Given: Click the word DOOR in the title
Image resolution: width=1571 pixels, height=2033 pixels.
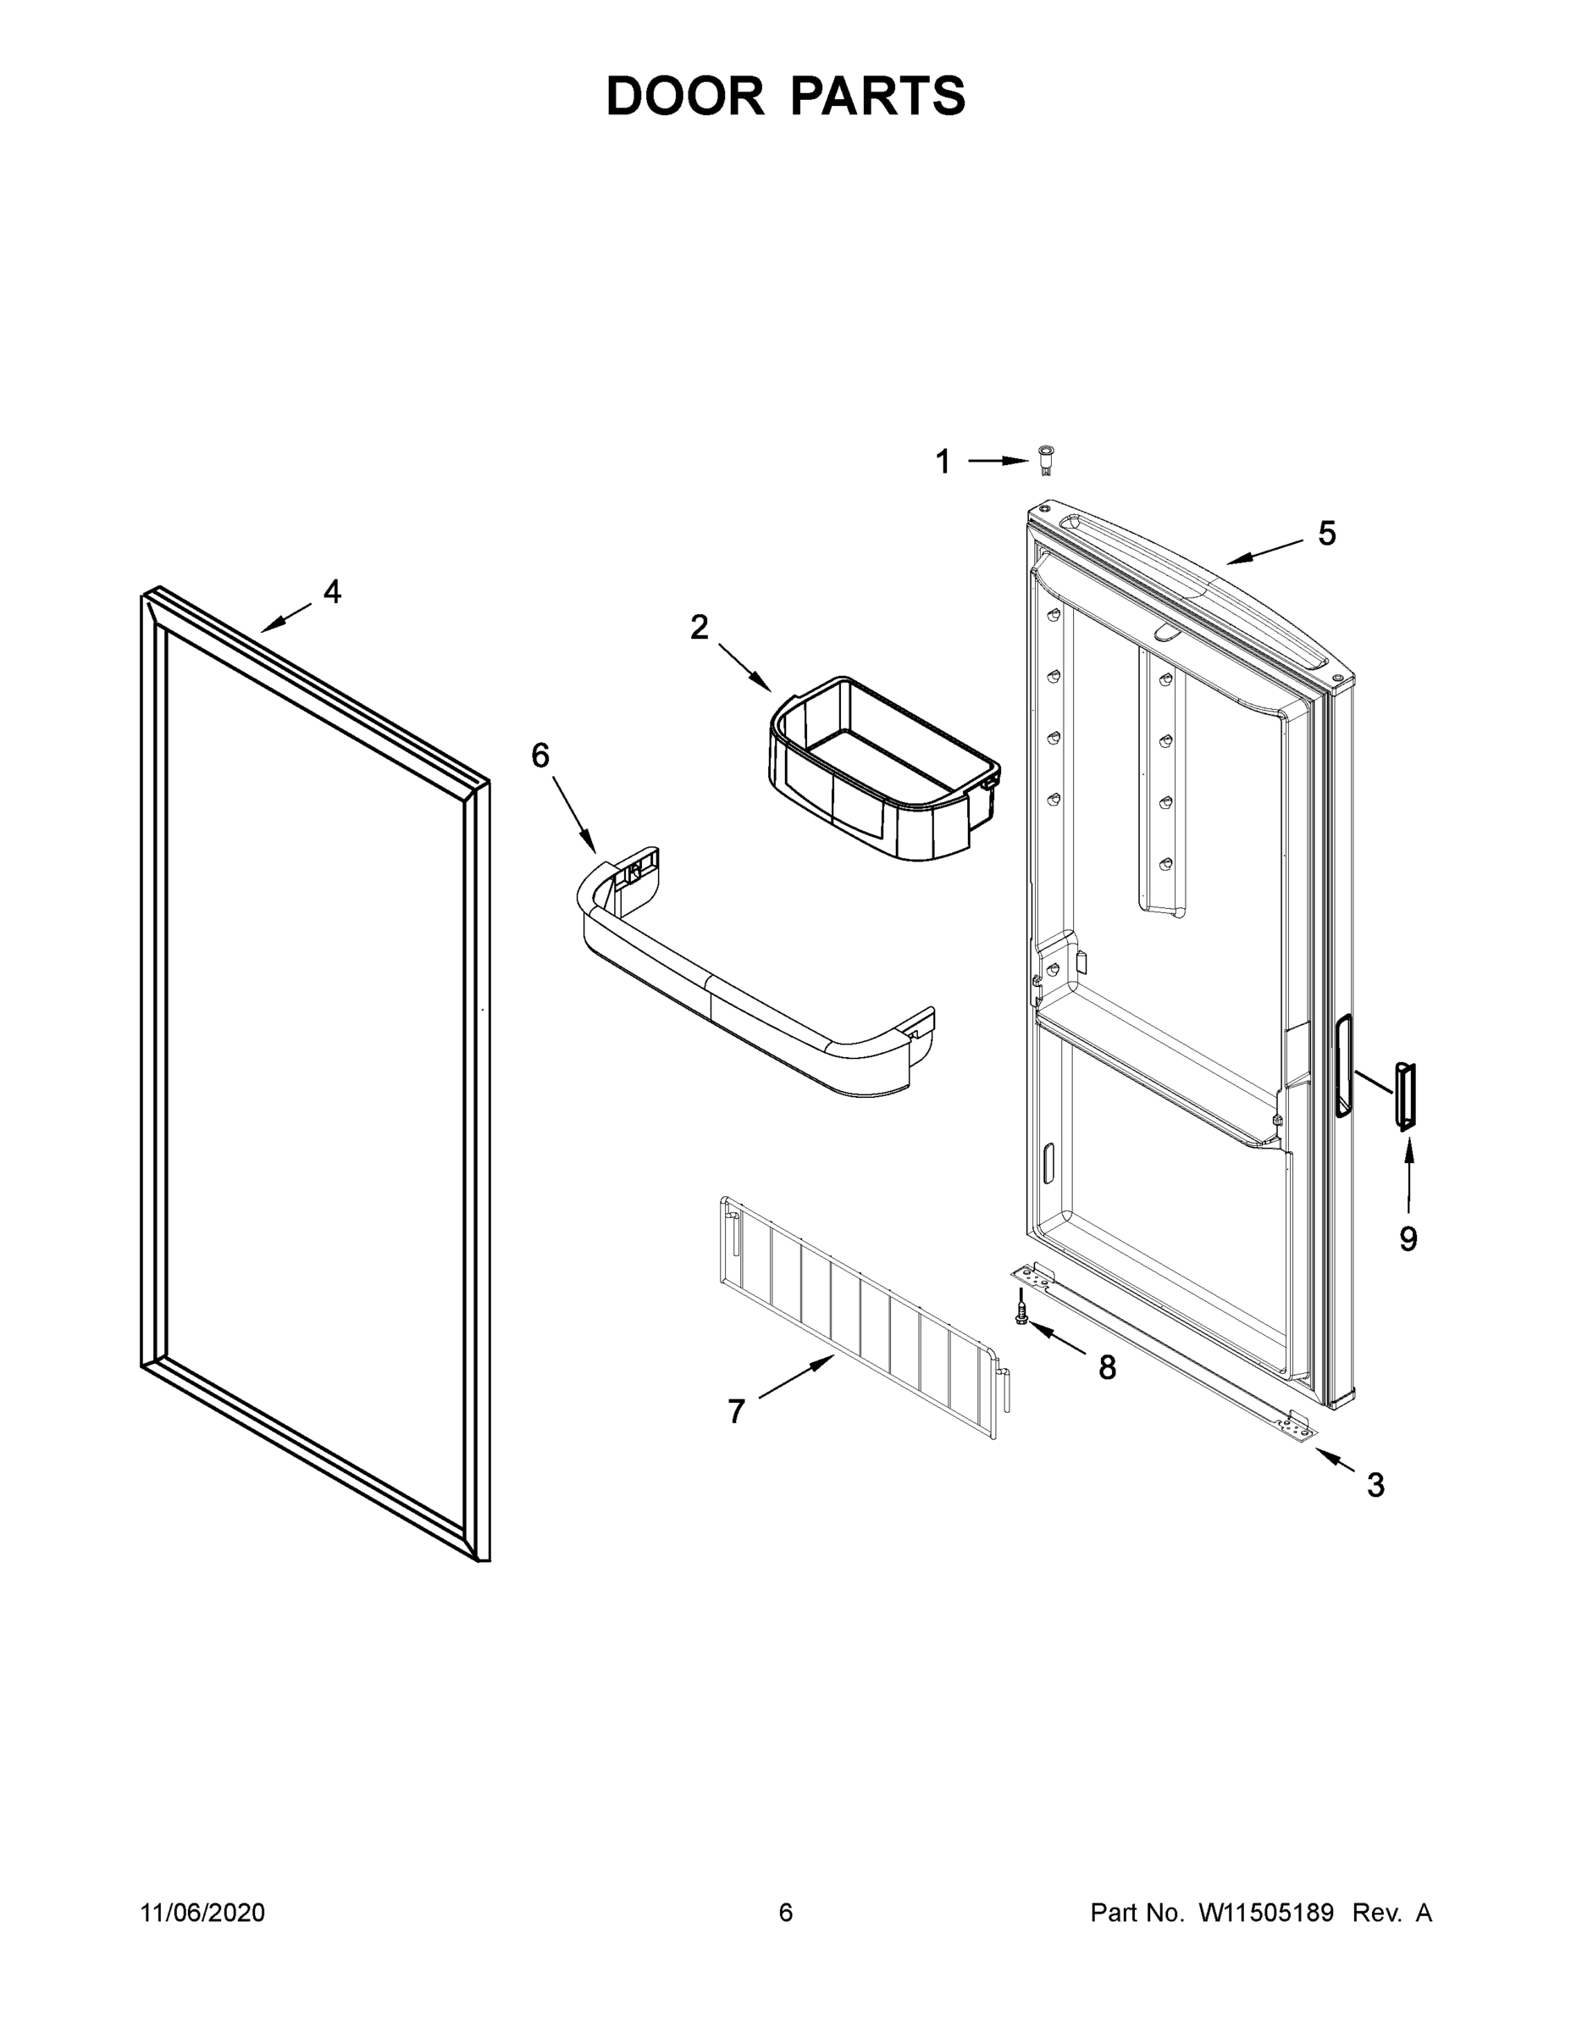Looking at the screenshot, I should pyautogui.click(x=684, y=96).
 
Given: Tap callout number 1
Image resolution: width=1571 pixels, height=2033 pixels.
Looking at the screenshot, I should pyautogui.click(x=943, y=462).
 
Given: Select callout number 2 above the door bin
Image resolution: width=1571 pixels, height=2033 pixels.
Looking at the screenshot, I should pyautogui.click(x=699, y=628).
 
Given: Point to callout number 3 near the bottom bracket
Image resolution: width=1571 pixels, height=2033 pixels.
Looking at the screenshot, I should pyautogui.click(x=1375, y=1485).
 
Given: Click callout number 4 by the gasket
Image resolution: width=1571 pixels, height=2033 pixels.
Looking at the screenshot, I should pyautogui.click(x=332, y=591).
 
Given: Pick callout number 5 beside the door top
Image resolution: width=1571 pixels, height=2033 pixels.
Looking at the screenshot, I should pyautogui.click(x=1327, y=534).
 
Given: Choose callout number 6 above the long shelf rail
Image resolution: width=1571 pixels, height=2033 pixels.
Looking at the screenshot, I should pyautogui.click(x=540, y=755).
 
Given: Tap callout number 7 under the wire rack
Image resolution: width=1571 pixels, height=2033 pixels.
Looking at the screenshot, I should pyautogui.click(x=736, y=1412).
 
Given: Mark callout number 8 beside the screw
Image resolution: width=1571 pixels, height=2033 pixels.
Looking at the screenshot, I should pyautogui.click(x=1107, y=1367).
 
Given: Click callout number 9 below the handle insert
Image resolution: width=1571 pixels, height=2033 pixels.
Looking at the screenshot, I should pyautogui.click(x=1408, y=1239).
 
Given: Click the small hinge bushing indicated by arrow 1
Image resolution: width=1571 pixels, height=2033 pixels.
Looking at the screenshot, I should pyautogui.click(x=1046, y=460).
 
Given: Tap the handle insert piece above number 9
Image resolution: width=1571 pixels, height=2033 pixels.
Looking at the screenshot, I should pyautogui.click(x=1405, y=1097).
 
